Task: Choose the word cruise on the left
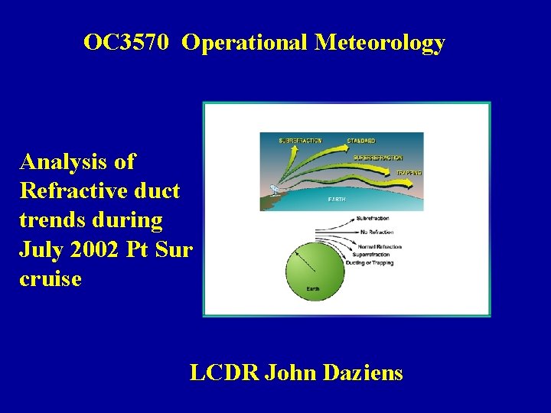51,278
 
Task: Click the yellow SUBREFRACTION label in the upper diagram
301,141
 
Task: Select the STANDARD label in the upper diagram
361,141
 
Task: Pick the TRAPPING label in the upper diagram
409,174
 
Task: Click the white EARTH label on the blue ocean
337,200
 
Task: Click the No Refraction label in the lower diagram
374,231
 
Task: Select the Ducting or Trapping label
370,262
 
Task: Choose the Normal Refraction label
379,246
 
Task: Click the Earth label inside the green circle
313,288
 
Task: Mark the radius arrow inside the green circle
305,261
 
